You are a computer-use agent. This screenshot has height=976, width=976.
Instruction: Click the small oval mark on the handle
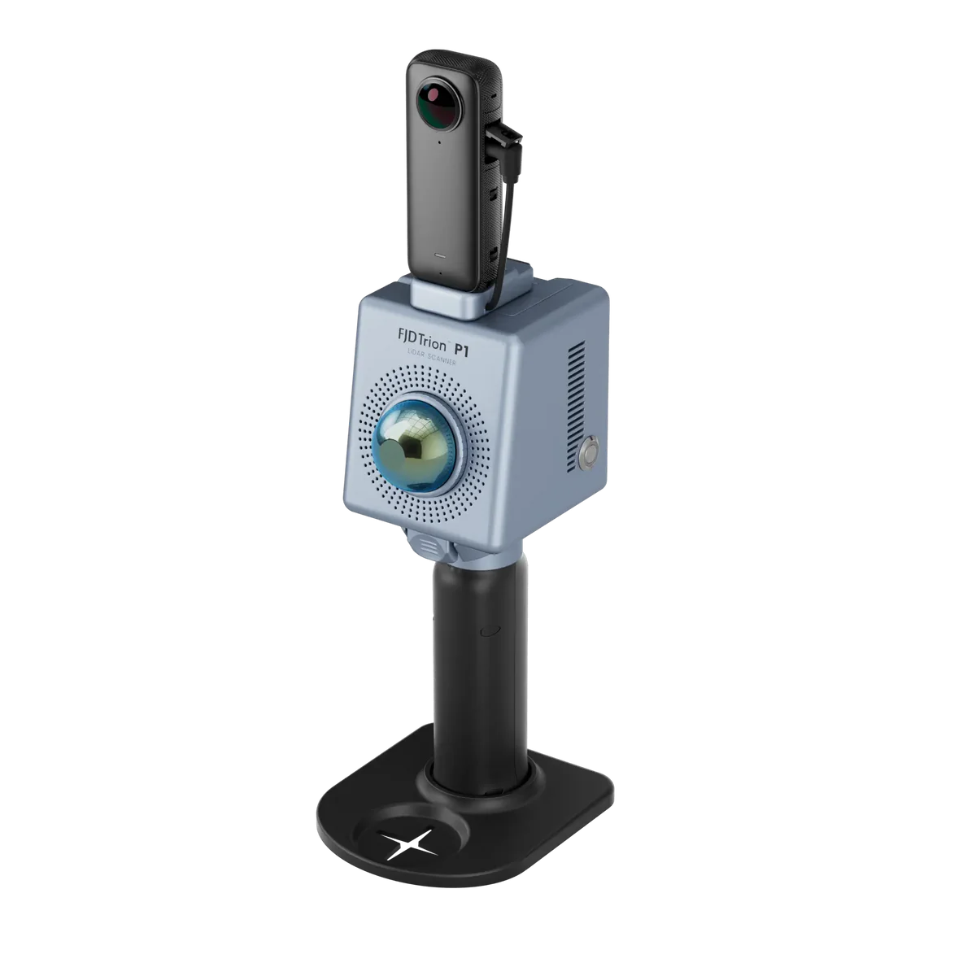click(489, 630)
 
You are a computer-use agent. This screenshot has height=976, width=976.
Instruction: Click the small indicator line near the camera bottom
click(439, 254)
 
